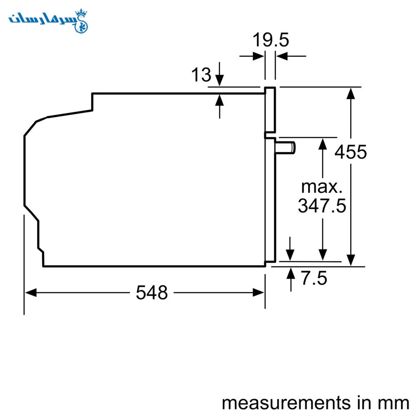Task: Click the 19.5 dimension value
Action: click(x=271, y=40)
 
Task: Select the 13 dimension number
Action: click(x=201, y=75)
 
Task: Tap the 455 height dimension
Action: click(x=351, y=152)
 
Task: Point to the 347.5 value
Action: click(x=322, y=206)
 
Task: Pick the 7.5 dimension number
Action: click(x=314, y=278)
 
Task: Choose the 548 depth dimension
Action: click(x=152, y=293)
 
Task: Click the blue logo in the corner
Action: click(x=48, y=21)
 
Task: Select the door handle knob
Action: click(x=285, y=148)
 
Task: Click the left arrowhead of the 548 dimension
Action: click(x=31, y=293)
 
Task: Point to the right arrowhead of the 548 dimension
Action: click(x=259, y=293)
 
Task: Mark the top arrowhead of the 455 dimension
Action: click(x=351, y=93)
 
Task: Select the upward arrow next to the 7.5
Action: click(x=291, y=279)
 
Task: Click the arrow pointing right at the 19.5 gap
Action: click(x=252, y=56)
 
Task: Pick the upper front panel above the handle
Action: click(x=270, y=110)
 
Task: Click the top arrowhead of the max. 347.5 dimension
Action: click(x=323, y=144)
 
